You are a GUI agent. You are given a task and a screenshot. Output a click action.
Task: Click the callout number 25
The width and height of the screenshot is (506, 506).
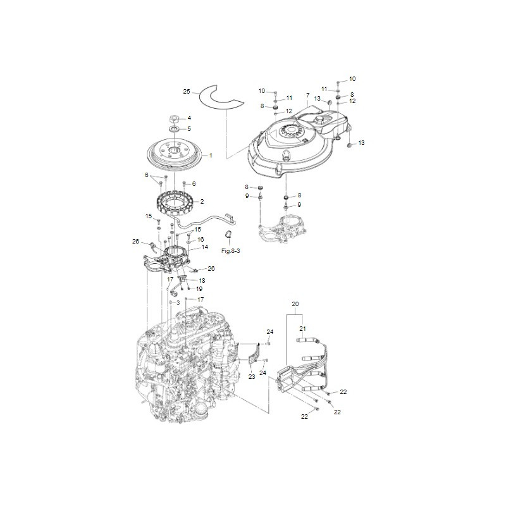(187, 92)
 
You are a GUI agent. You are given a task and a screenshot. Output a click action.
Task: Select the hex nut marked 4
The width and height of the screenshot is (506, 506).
(174, 118)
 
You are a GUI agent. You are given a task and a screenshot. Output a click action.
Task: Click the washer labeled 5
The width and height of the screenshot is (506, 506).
(173, 129)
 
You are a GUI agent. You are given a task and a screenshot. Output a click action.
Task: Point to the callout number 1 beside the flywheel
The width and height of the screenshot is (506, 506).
(211, 155)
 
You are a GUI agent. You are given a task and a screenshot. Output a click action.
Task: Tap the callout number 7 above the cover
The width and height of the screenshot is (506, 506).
(307, 97)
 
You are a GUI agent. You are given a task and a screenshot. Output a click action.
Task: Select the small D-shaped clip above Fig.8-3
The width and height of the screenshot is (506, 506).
(228, 237)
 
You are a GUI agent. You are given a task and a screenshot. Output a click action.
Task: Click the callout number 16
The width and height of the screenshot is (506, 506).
(201, 240)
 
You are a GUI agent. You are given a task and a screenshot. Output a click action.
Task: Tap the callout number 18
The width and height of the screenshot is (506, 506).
(202, 280)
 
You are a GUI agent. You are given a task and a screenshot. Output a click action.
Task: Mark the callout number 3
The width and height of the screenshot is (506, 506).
(178, 303)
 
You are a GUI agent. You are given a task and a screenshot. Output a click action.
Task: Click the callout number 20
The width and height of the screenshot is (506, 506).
(295, 304)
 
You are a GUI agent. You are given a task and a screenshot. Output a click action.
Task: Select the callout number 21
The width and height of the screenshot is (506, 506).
(302, 328)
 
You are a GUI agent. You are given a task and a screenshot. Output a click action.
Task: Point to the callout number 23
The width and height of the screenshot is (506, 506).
(251, 376)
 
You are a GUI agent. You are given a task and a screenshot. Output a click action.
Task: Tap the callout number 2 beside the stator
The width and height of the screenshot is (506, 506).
(202, 202)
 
